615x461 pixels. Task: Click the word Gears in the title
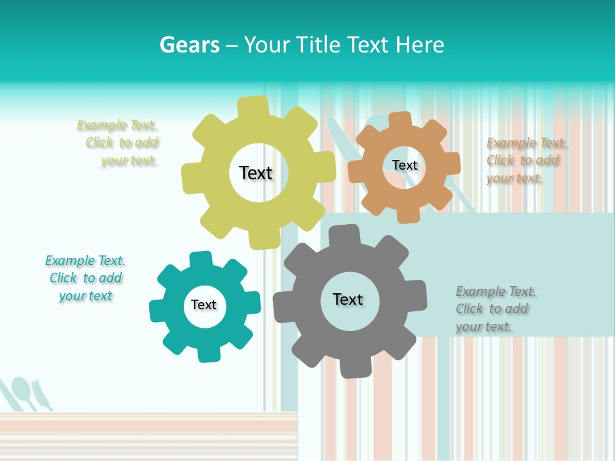(x=189, y=45)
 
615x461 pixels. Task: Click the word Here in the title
(x=420, y=45)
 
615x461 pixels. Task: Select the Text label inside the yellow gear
(x=256, y=173)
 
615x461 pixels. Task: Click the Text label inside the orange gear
(x=404, y=165)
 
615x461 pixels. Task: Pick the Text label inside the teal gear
(x=204, y=305)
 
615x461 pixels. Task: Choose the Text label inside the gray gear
(x=348, y=299)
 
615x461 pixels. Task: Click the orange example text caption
(x=525, y=160)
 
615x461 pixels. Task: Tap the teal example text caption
(x=85, y=278)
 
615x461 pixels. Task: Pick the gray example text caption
(x=495, y=309)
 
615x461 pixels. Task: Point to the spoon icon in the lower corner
(x=23, y=391)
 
